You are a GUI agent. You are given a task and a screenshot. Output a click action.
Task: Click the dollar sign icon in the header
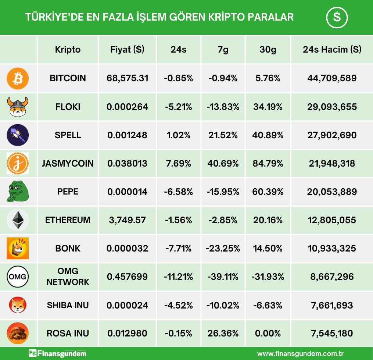click(x=337, y=17)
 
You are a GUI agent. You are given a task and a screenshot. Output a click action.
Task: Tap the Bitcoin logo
click(x=18, y=78)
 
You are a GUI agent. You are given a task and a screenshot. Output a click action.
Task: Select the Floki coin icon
click(x=18, y=107)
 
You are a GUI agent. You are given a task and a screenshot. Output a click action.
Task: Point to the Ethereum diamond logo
click(x=18, y=220)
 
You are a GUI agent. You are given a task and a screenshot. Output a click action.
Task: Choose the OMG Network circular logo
click(x=18, y=277)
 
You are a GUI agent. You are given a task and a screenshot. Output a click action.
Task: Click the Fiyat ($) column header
click(x=127, y=50)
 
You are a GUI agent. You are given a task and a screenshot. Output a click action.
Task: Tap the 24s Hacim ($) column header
click(x=332, y=50)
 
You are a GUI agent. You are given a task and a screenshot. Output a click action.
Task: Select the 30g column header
click(x=268, y=50)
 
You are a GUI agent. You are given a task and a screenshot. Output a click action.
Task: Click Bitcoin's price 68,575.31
click(x=127, y=78)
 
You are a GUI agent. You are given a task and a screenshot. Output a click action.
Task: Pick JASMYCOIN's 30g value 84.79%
click(x=268, y=163)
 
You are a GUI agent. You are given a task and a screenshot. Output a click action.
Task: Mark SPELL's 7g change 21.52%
click(x=223, y=135)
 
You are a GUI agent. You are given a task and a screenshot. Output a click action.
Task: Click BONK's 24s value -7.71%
click(x=179, y=248)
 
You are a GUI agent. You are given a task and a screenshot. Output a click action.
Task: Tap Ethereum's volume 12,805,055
click(x=332, y=220)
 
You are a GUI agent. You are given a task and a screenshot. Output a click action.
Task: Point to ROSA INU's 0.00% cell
click(x=268, y=334)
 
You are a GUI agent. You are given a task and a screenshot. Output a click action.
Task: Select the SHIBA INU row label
click(x=68, y=305)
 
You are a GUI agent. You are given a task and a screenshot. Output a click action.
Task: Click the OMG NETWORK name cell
click(x=68, y=277)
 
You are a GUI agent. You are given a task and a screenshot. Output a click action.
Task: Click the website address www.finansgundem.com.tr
click(x=300, y=354)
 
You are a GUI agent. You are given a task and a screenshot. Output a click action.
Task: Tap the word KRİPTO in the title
click(x=219, y=17)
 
